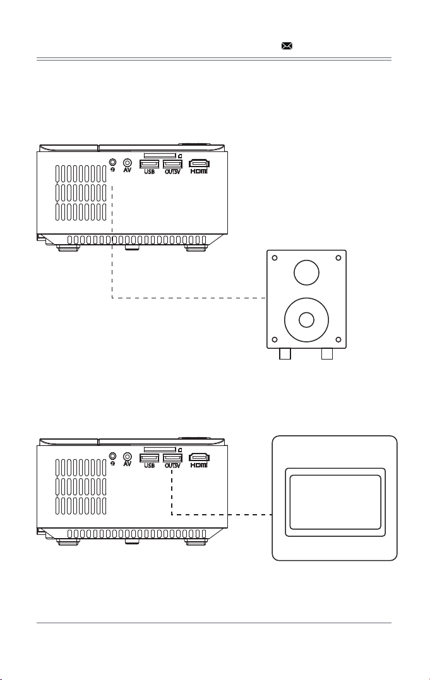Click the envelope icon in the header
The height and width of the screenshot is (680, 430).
pyautogui.click(x=287, y=45)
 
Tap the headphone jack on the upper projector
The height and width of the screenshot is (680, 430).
pyautogui.click(x=113, y=161)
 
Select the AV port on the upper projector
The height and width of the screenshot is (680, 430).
pyautogui.click(x=127, y=162)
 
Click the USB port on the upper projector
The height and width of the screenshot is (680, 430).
pyautogui.click(x=149, y=164)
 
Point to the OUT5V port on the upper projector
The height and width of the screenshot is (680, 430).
pyautogui.click(x=172, y=164)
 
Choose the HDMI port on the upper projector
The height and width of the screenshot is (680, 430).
pyautogui.click(x=199, y=163)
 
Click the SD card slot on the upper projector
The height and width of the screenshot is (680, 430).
pyautogui.click(x=160, y=155)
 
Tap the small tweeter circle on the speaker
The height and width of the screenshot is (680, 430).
pyautogui.click(x=306, y=273)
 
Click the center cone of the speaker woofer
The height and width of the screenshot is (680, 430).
pyautogui.click(x=306, y=320)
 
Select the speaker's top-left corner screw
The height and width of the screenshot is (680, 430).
pyautogui.click(x=274, y=258)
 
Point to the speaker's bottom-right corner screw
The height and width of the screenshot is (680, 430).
pyautogui.click(x=338, y=339)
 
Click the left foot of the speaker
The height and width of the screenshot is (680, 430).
pyautogui.click(x=285, y=354)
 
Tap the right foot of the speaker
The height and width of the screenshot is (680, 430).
pyautogui.click(x=326, y=354)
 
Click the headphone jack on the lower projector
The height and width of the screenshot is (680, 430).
pyautogui.click(x=113, y=456)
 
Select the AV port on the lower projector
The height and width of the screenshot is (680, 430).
pyautogui.click(x=127, y=456)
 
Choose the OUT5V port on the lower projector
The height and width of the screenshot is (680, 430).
pyautogui.click(x=172, y=458)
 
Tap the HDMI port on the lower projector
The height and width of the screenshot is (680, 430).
pyautogui.click(x=199, y=457)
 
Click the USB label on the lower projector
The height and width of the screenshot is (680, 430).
pyautogui.click(x=149, y=466)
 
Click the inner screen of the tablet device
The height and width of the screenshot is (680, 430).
pyautogui.click(x=335, y=502)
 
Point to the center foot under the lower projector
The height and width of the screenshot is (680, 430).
pyautogui.click(x=132, y=542)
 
